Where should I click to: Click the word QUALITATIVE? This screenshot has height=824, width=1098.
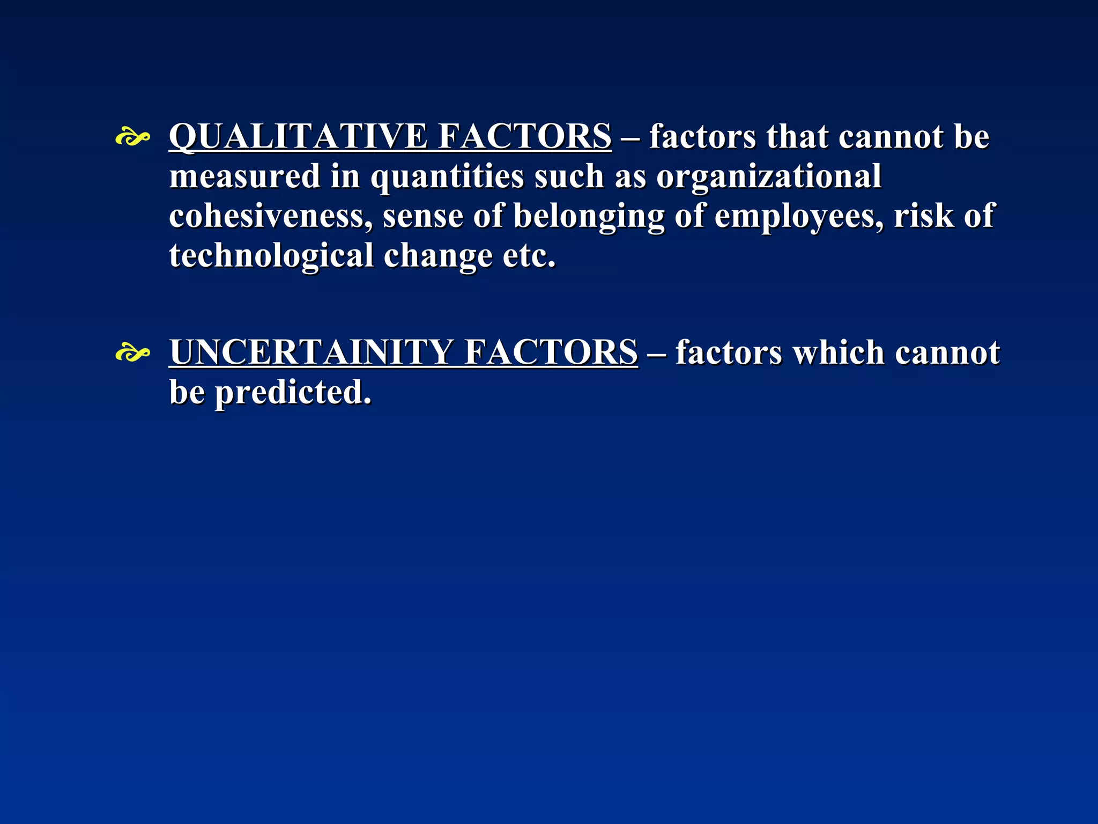[298, 136]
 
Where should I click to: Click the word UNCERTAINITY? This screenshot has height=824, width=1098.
[310, 352]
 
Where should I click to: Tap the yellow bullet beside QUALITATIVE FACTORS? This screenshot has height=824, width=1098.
[132, 138]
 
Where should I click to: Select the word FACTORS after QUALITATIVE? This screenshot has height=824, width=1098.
[524, 136]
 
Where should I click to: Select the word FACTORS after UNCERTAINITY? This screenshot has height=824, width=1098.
[551, 352]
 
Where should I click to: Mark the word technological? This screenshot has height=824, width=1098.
[271, 256]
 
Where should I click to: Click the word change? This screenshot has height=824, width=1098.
[437, 256]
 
